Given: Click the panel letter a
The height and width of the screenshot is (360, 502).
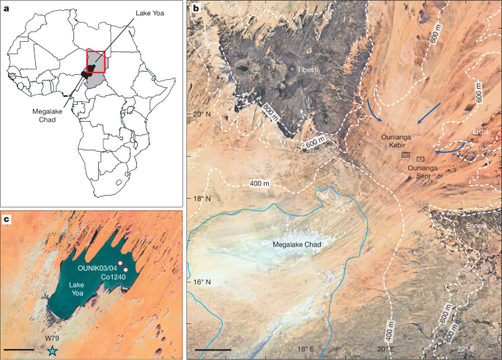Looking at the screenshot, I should tap(6, 10).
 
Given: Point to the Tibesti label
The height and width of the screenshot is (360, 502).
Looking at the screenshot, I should tap(307, 69).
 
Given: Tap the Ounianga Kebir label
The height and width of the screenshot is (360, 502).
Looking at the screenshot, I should tap(402, 142).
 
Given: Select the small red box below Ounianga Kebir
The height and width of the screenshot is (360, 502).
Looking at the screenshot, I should tap(405, 155).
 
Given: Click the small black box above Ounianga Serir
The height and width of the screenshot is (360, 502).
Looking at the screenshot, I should tap(421, 158).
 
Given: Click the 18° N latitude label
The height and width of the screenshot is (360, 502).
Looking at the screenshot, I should tap(200, 199).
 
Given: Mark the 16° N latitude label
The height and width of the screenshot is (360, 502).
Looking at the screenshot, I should tap(200, 282).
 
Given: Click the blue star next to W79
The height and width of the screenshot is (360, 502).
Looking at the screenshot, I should tap(52, 351).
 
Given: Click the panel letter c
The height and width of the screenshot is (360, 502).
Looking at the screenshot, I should tap(6, 218).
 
